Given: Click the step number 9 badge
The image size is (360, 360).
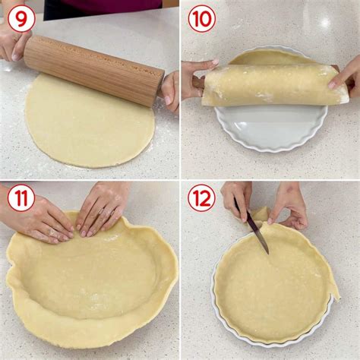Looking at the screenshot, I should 21,17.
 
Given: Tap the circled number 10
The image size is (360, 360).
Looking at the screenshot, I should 201,17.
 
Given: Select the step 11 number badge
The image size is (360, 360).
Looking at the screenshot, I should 21,198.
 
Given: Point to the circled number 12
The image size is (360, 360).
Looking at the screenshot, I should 201,199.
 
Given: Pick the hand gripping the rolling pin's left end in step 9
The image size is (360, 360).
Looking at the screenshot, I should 14,42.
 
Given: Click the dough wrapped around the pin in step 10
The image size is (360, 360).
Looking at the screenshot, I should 273,84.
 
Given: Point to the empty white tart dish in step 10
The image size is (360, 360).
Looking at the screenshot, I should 270,125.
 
